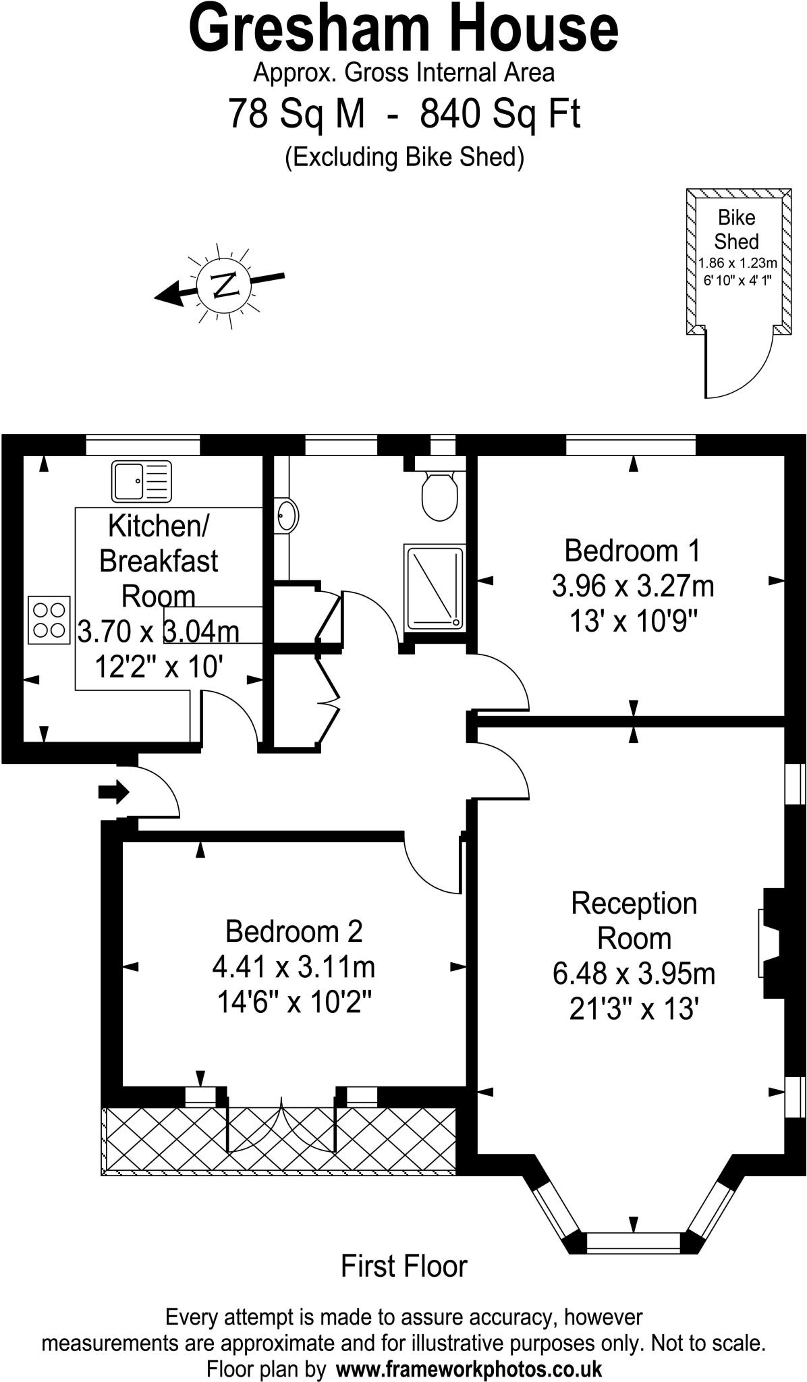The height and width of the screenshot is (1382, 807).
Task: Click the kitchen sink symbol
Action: [142, 481]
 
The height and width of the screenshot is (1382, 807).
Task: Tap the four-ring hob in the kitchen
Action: [49, 619]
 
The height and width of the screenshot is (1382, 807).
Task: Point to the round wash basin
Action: [287, 516]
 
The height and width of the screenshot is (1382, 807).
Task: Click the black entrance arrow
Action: [113, 792]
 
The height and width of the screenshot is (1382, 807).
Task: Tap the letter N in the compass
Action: [223, 285]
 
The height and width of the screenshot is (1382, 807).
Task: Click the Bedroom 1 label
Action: [632, 550]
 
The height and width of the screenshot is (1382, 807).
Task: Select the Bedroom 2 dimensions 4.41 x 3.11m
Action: [294, 967]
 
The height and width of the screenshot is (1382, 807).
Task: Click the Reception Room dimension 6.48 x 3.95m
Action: [634, 974]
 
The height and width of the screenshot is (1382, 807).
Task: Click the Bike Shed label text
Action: [736, 229]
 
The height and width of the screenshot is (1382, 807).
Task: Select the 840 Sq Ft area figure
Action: [500, 113]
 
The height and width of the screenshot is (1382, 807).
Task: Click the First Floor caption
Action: [404, 1266]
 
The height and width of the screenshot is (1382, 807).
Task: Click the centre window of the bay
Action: [633, 1242]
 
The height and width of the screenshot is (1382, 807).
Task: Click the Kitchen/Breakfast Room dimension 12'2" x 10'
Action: [159, 667]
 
